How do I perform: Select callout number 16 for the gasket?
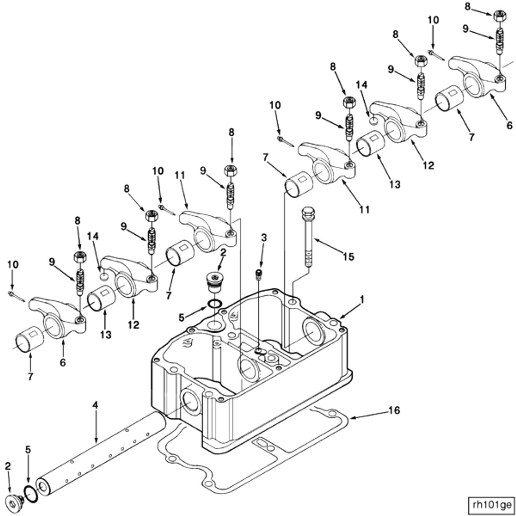click(394, 410)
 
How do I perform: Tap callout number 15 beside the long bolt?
click(348, 256)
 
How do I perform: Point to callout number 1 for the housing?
click(362, 299)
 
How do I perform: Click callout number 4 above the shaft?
click(95, 405)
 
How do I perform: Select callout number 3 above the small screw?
click(264, 237)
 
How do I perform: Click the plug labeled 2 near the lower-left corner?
click(13, 503)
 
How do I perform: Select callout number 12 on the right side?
click(428, 165)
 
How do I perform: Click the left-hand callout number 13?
click(106, 334)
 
